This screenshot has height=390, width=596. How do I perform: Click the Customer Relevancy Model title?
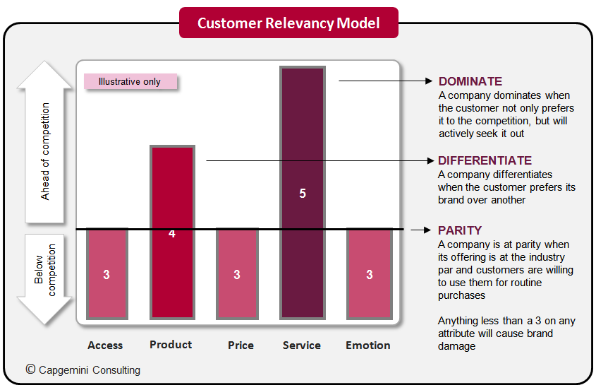(x=288, y=23)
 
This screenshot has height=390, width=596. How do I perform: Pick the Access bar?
(x=107, y=273)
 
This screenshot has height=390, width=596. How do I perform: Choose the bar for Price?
(x=237, y=273)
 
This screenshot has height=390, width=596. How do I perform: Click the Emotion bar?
(x=369, y=273)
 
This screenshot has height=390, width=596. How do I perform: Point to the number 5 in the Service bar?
(x=303, y=193)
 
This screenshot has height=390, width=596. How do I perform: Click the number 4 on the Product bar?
(x=172, y=234)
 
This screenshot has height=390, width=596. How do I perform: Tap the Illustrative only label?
(x=130, y=82)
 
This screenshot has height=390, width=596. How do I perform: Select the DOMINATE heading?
(x=470, y=81)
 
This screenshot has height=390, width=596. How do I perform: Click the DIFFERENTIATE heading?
(x=485, y=160)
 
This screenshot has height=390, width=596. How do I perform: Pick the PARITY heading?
(x=460, y=230)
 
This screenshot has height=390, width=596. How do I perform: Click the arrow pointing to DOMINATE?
(x=381, y=81)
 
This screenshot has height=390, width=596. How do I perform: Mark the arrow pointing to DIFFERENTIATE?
(x=317, y=160)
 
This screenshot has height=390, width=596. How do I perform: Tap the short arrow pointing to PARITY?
(x=420, y=230)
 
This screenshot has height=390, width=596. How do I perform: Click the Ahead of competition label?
(x=46, y=151)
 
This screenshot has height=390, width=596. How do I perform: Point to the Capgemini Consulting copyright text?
(x=83, y=370)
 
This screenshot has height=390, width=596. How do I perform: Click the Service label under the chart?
(x=302, y=345)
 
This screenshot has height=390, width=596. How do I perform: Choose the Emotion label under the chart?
(x=368, y=345)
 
